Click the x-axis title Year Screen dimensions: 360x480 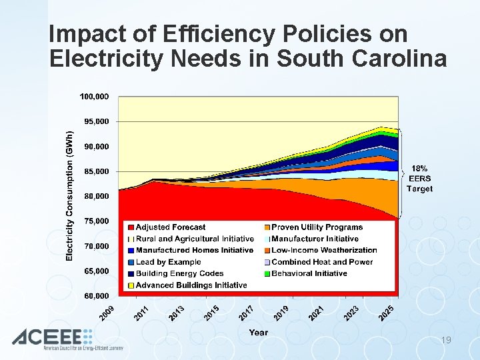click(x=258, y=332)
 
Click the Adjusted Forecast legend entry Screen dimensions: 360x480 click(x=171, y=227)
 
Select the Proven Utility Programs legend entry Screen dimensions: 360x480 click(x=317, y=227)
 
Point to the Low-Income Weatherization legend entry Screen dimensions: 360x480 click(x=324, y=250)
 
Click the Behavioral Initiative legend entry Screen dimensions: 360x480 click(x=309, y=273)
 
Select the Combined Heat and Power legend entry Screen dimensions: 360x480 click(x=322, y=262)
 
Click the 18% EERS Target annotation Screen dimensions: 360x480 click(x=419, y=179)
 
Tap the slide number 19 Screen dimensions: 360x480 click(x=446, y=340)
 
